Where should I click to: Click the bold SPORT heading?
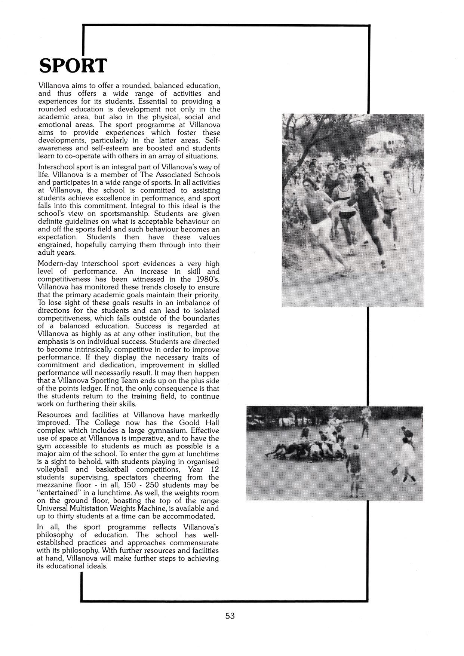(x=73, y=66)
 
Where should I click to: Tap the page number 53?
(x=230, y=616)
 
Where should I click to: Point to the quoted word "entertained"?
(x=59, y=493)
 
